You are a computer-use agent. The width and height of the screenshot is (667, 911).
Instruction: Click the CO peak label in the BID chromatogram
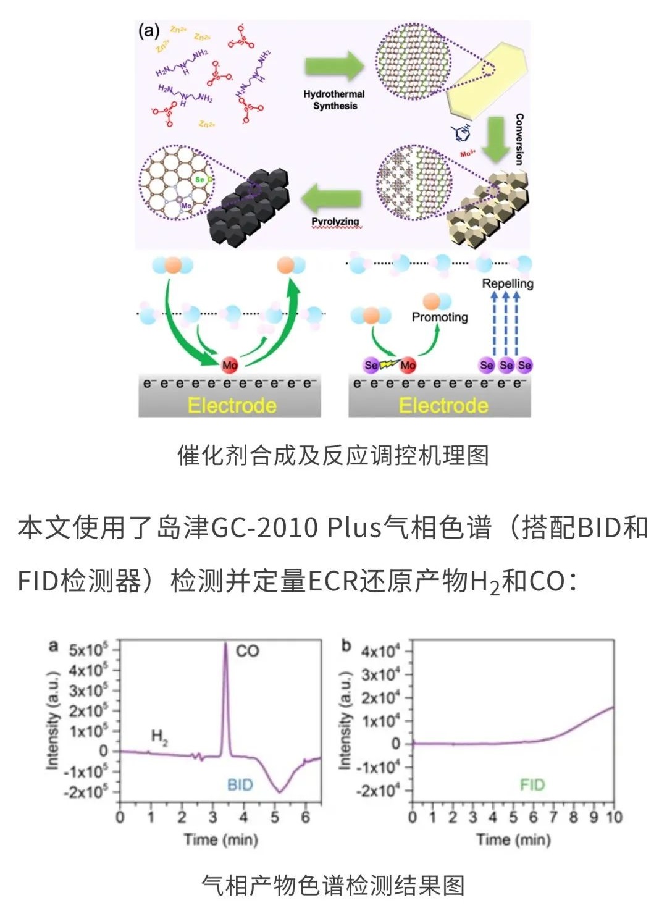247,651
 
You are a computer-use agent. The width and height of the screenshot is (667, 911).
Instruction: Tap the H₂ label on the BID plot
159,737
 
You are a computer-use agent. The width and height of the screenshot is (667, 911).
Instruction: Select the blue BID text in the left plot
240,784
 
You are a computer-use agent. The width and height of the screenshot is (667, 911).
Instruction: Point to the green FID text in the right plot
532,784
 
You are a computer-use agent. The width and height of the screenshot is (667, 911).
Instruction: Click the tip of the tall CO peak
225,644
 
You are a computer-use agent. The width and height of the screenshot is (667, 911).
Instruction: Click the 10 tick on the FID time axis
613,818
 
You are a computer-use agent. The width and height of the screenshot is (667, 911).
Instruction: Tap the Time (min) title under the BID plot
220,839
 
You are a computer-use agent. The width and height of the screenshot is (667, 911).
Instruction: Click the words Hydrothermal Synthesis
334,100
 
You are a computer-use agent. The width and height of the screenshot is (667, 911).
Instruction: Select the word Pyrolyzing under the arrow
335,222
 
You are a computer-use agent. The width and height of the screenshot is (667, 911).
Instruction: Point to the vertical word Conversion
519,139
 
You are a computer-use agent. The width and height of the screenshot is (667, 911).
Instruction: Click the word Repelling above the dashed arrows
508,283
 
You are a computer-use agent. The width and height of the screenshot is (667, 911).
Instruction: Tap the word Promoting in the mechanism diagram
440,317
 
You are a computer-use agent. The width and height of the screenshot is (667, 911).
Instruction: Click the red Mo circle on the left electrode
230,365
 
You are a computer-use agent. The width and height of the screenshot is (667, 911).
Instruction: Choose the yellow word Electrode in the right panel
443,405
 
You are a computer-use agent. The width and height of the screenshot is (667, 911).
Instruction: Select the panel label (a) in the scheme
148,31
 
